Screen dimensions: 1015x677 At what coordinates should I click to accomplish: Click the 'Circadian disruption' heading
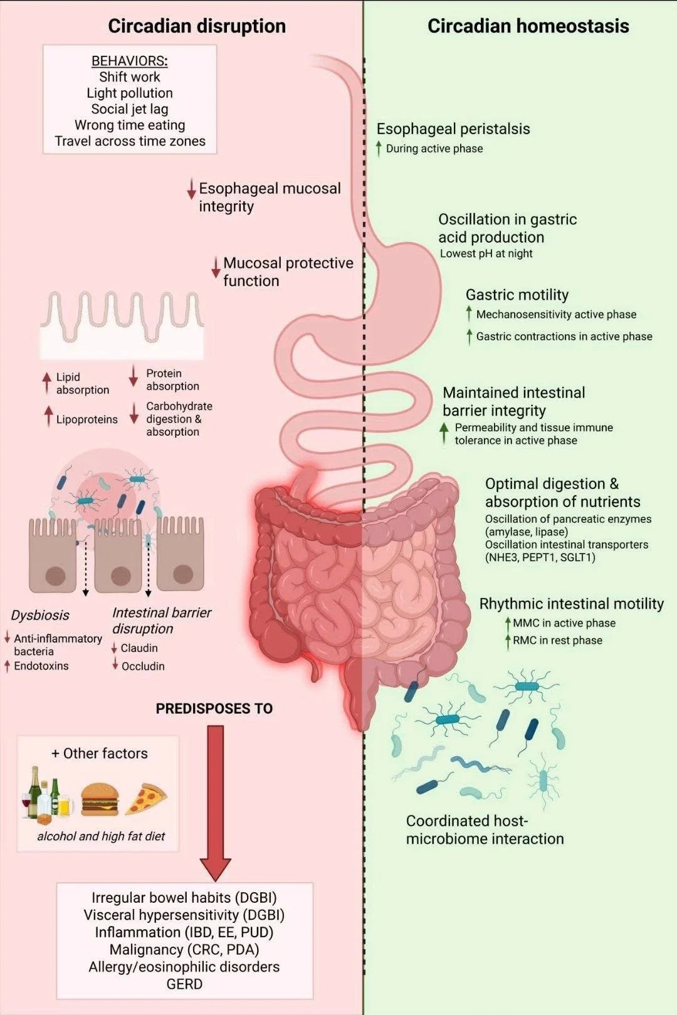point(196,26)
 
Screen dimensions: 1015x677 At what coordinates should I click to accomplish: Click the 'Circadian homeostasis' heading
point(528,26)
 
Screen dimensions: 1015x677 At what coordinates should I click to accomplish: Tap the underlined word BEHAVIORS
point(129,61)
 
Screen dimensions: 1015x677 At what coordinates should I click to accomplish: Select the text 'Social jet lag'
point(130,109)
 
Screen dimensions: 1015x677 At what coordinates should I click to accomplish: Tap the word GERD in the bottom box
point(184,984)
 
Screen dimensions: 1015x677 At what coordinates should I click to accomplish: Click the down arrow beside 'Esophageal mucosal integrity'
point(192,189)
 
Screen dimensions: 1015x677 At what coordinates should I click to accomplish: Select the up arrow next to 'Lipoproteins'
point(48,417)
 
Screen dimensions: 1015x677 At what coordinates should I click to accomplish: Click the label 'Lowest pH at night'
point(486,253)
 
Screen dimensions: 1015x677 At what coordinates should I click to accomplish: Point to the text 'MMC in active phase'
point(564,623)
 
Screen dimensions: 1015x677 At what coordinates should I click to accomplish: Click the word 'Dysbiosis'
point(40,615)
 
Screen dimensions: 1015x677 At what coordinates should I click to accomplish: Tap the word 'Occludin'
point(143,666)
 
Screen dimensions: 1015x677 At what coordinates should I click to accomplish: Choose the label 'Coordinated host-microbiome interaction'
point(485,829)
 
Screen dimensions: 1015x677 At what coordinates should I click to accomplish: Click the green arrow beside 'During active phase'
point(379,149)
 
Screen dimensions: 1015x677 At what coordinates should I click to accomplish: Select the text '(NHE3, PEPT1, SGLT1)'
point(540,557)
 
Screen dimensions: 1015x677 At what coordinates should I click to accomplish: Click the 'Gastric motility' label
point(517,295)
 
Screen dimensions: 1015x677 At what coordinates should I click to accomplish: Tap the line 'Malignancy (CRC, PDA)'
point(184,950)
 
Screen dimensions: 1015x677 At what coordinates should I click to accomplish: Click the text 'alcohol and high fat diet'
point(101,836)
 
